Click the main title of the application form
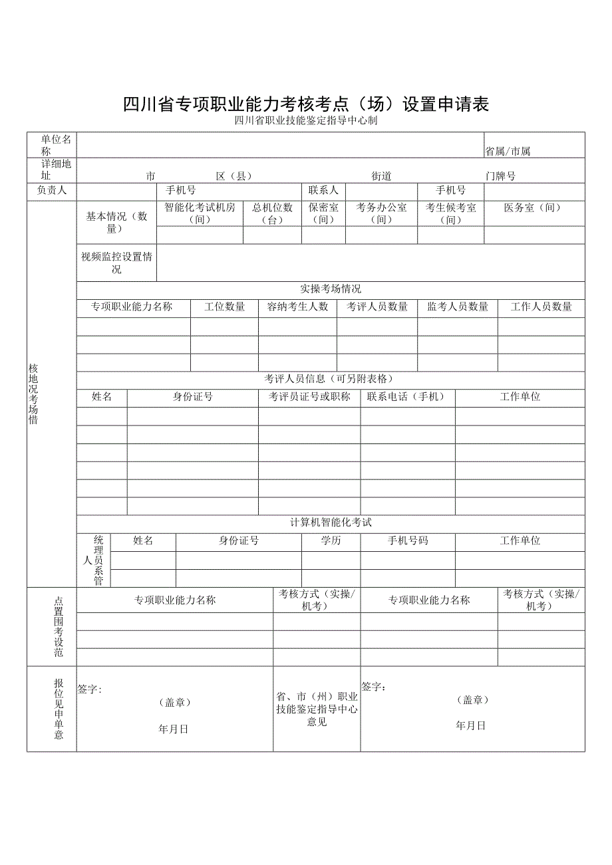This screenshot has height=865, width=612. tap(306, 104)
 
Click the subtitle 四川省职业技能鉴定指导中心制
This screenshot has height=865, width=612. tap(306, 121)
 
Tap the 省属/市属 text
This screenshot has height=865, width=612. tap(508, 152)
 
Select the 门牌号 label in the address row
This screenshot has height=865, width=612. tap(500, 176)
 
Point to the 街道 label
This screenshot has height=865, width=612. tap(381, 176)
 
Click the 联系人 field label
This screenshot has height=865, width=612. tap(323, 191)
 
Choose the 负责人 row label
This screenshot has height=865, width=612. tap(52, 191)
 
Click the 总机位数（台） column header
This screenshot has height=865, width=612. tap(272, 213)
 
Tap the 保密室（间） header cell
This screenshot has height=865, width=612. tap(323, 213)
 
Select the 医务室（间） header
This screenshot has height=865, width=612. tap(533, 208)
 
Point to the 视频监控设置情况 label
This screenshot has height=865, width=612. tap(116, 263)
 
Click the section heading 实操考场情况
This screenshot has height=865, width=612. tap(331, 289)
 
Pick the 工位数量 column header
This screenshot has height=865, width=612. tap(224, 307)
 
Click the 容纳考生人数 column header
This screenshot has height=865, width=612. tap(297, 307)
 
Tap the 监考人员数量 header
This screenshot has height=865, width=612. tap(458, 307)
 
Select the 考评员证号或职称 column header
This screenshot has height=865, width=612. tap(309, 397)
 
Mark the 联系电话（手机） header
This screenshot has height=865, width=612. tap(408, 397)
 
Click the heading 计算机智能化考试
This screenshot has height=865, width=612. tap(331, 523)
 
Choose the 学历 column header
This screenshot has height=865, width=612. tap(331, 541)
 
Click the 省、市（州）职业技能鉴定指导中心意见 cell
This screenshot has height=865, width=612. tap(317, 709)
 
